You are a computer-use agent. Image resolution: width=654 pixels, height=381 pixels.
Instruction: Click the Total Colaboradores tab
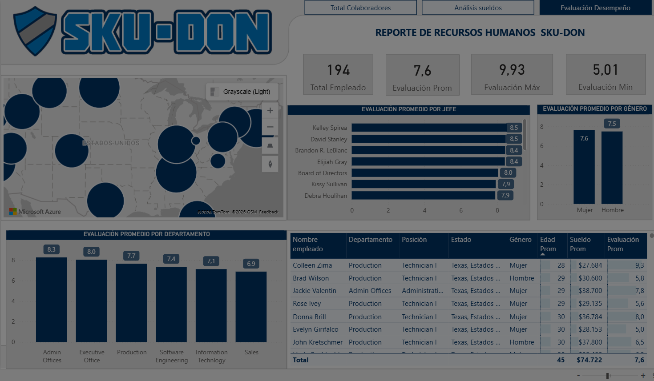click(x=360, y=8)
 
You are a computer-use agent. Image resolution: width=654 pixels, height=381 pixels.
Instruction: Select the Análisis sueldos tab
click(x=478, y=8)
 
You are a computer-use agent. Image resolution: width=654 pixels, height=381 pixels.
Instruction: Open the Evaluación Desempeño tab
click(x=595, y=8)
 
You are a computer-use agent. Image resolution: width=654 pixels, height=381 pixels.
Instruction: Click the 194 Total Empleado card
click(x=338, y=75)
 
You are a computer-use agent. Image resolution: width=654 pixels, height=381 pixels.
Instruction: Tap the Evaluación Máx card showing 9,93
click(x=512, y=75)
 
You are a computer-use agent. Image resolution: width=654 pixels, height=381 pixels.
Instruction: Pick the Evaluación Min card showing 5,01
click(x=605, y=75)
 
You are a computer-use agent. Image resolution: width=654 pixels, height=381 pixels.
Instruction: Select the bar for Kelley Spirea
click(x=429, y=128)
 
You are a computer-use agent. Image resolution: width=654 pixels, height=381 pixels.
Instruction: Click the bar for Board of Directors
click(x=424, y=173)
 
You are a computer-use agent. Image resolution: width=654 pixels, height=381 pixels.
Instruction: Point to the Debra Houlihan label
click(x=326, y=196)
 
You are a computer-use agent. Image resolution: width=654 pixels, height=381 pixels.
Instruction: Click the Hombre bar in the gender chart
click(x=612, y=168)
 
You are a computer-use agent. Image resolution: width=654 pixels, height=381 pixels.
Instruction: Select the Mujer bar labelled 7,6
click(x=584, y=168)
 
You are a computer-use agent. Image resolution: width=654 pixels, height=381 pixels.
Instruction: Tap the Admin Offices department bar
click(x=52, y=300)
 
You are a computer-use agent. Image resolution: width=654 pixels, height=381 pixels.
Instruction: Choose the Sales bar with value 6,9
click(x=251, y=307)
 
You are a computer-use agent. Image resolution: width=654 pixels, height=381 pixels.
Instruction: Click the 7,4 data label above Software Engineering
click(x=171, y=259)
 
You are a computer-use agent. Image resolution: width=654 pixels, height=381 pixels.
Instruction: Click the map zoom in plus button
click(x=270, y=111)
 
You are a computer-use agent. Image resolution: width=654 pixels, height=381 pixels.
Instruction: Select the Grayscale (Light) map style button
click(x=242, y=92)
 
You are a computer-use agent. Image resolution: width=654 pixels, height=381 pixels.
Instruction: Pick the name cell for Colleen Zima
click(x=312, y=265)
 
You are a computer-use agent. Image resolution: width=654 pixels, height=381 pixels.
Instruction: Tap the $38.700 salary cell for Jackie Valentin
click(x=590, y=291)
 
